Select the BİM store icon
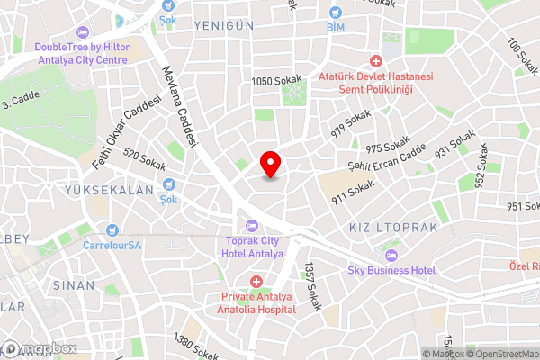point(336,13)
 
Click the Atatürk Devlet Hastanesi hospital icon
point(376,61)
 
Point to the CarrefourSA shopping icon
point(112,230)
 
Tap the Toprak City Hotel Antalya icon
point(251,225)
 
